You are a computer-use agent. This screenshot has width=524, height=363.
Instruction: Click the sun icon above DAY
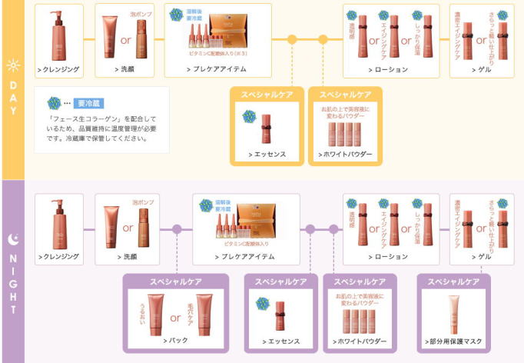(x=12, y=66)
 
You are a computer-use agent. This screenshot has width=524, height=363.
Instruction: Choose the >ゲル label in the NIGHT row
(x=481, y=258)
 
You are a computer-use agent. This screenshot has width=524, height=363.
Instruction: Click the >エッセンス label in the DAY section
(x=268, y=155)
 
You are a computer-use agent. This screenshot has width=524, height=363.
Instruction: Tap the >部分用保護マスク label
(x=453, y=341)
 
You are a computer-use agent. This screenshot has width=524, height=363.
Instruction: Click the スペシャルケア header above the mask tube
(x=453, y=281)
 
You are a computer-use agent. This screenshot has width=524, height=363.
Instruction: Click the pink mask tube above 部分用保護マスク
(x=454, y=313)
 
